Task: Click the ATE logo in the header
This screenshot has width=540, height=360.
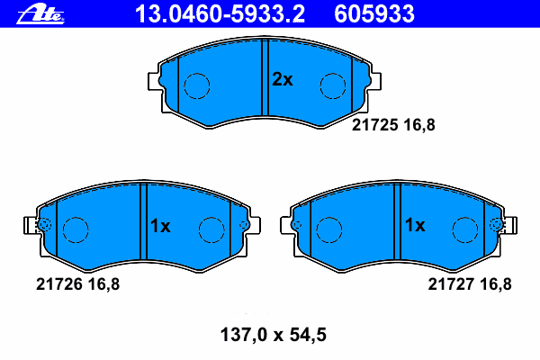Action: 40,14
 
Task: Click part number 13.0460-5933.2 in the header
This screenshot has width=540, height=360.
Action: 220,14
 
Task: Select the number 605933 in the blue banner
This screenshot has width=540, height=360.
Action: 374,14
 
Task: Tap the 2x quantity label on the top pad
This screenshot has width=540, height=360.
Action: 283,79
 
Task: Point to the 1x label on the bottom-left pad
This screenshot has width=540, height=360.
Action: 160,226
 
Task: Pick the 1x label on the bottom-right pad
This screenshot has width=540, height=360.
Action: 415,225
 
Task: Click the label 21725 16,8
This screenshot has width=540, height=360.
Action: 393,125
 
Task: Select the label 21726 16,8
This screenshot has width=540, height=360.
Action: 77,284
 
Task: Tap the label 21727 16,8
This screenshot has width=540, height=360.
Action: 470,284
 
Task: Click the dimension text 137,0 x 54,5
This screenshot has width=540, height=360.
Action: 273,335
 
